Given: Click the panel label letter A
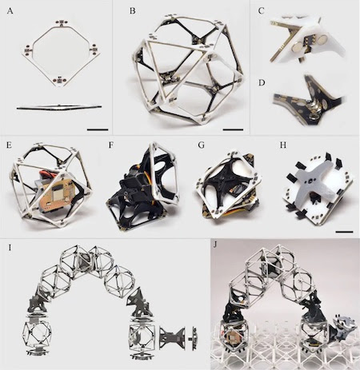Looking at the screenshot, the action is coord(10,11).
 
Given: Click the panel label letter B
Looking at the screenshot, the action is coord(133,11).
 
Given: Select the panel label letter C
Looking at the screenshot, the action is coord(262,11).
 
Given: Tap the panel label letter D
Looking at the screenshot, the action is coord(262,83).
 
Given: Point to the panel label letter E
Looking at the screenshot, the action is coord(10,145).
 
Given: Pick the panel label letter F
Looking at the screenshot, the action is coord(111,145).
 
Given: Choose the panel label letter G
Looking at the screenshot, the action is coord(202,145).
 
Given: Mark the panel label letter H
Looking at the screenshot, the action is coord(283,145).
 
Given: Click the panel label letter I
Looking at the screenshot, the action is coord(10,248).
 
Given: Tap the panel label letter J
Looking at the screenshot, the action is coord(215,245).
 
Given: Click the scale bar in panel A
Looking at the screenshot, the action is coord(98,129).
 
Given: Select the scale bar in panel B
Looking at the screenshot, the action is coord(233,129).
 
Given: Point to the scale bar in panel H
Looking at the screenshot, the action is coord(344,232).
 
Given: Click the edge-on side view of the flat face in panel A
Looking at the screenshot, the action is coord(59,107).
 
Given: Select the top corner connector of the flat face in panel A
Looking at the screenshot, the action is coord(62,22).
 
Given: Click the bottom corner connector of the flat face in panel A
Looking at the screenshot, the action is coord(59,80).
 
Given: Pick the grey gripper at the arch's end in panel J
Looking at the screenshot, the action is coord(344,324).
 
